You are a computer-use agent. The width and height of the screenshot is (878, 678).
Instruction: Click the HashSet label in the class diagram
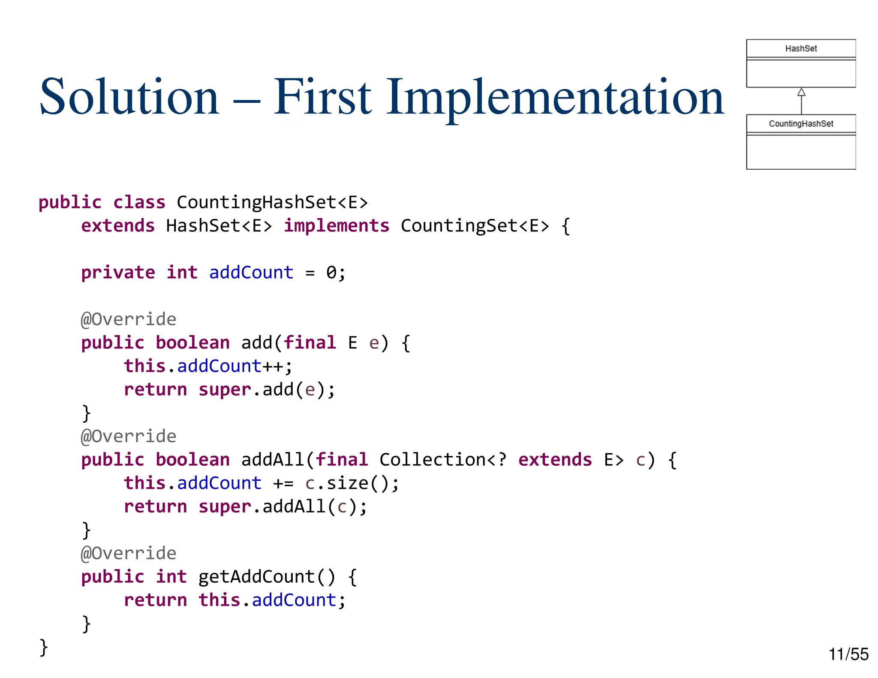click(x=800, y=48)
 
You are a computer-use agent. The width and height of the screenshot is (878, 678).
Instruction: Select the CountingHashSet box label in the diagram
click(x=800, y=124)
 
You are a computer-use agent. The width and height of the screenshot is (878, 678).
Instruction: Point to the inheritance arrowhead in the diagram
click(x=801, y=92)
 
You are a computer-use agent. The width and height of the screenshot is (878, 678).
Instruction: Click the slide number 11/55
click(x=848, y=654)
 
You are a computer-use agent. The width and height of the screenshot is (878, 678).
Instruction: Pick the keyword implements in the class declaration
click(x=337, y=226)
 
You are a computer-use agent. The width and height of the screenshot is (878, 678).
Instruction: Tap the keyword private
click(x=118, y=273)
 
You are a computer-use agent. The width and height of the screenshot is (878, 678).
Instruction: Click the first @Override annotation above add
click(x=129, y=319)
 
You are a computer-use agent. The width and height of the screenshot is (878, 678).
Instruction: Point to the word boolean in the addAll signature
click(x=192, y=460)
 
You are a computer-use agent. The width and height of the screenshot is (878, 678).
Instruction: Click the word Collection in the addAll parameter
click(x=433, y=460)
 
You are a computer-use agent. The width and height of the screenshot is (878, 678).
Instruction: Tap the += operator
click(x=283, y=483)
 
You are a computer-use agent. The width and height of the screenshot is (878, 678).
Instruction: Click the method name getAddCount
click(x=256, y=577)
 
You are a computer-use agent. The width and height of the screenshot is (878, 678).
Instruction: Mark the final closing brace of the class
click(x=43, y=647)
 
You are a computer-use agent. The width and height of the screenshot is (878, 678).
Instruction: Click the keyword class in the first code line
click(x=139, y=202)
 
